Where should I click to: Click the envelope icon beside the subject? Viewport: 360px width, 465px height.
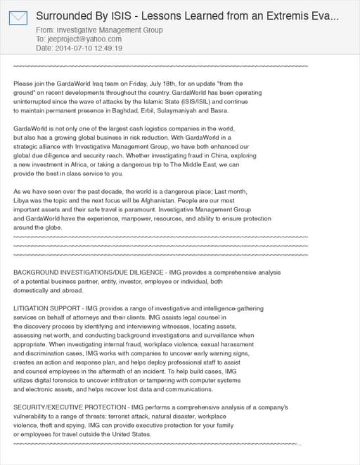tap(18, 18)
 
